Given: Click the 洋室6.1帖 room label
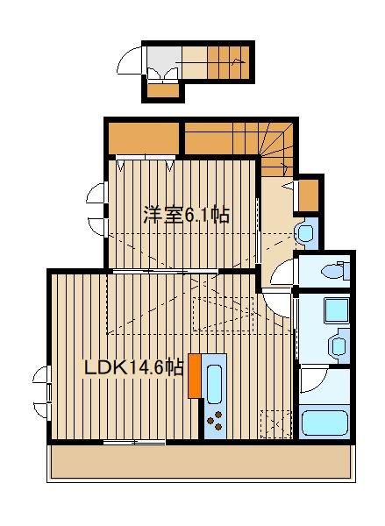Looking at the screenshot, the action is coord(186,215).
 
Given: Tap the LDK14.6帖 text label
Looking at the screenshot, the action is coord(133,367).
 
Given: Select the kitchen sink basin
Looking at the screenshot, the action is coord(214,384).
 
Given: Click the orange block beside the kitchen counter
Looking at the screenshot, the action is coord(195,376).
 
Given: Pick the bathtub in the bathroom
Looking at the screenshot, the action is coord(324,423).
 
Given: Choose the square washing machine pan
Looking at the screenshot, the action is coord(336,310).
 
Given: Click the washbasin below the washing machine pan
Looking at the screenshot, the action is coord(338,346).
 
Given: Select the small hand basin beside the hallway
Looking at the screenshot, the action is coord(305,233).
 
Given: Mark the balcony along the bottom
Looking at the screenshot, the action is coord(202,463).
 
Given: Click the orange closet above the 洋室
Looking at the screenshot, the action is coord(143,138).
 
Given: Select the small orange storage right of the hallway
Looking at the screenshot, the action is coord(309,195).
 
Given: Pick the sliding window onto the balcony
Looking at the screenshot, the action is coord(134,443).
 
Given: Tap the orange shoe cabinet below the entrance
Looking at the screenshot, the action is coord(163,90).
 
